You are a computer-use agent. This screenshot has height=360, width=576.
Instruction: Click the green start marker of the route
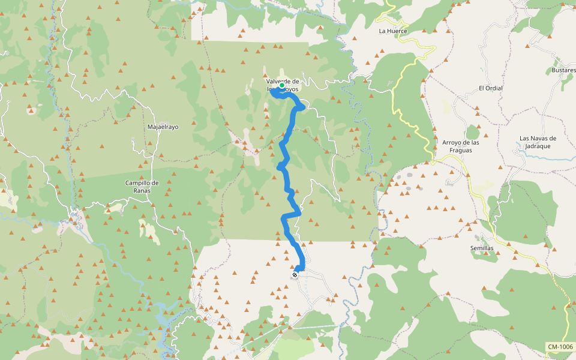[282, 86]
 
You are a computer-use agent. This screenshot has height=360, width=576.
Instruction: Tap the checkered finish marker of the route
[295, 275]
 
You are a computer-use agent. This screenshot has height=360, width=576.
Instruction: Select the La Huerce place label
[393, 31]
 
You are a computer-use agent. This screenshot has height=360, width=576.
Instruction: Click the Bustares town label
[563, 70]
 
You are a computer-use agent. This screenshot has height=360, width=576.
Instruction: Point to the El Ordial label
[490, 88]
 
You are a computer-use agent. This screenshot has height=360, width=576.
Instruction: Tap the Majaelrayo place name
[163, 127]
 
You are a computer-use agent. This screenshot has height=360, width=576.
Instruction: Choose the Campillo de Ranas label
[142, 187]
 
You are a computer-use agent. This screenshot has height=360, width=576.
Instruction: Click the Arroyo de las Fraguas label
[461, 146]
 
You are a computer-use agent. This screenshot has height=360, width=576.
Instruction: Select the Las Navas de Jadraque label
[538, 142]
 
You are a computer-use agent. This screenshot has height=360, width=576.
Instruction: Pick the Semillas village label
[482, 248]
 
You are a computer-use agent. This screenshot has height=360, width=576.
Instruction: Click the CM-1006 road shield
[560, 347]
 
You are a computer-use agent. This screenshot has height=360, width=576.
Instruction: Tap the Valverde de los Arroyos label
[283, 85]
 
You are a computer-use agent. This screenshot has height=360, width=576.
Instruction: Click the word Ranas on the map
[142, 191]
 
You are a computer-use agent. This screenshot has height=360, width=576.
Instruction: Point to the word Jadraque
[538, 146]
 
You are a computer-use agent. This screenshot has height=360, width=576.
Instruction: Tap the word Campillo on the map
[137, 183]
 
